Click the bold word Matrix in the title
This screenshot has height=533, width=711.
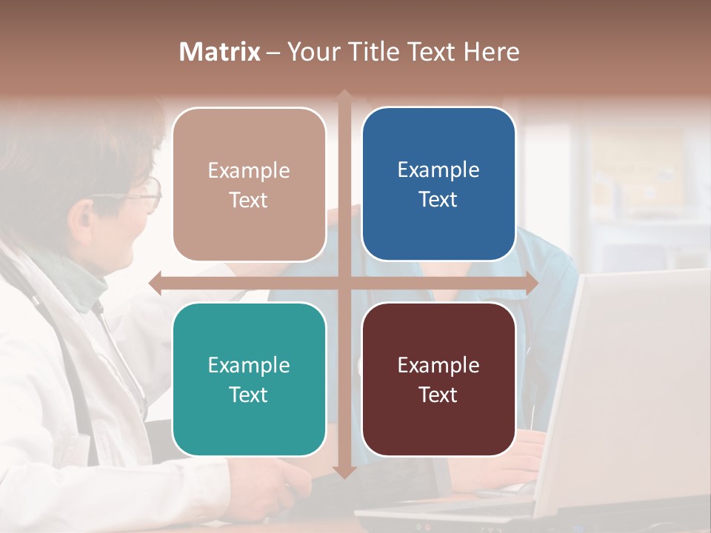pos(220,52)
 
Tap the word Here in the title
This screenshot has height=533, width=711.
pos(491,52)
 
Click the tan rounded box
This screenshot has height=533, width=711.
pos(249,184)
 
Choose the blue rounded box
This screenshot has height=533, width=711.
pos(438,184)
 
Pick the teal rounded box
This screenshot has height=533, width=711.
pos(249,379)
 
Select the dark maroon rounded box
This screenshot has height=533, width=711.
pos(438,379)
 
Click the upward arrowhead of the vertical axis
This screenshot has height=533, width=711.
pos(344,96)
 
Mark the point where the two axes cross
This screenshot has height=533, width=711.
pos(344,283)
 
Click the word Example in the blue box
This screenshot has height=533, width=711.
pos(438,170)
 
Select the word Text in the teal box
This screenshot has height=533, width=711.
pos(248,395)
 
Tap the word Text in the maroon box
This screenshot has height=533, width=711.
pos(438,395)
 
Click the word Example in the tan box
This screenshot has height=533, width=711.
pos(249,171)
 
